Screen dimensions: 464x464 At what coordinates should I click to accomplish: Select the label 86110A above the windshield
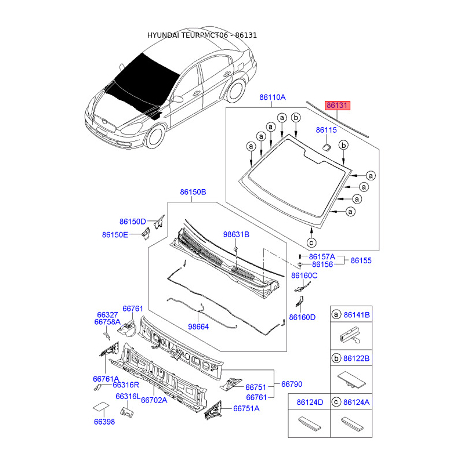click(273, 98)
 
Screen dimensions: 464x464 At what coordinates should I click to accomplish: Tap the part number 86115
click(327, 130)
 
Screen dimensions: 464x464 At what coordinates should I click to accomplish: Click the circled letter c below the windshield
click(311, 242)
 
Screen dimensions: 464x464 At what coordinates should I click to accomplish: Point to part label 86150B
click(193, 192)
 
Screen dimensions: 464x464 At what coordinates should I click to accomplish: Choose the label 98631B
click(236, 235)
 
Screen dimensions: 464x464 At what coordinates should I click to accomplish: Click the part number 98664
click(198, 327)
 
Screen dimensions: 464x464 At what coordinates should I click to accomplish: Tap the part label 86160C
click(304, 275)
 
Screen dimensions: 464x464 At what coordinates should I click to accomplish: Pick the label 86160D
click(303, 317)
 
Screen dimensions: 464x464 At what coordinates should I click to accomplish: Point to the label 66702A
click(154, 400)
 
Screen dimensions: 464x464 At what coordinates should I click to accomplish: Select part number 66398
click(104, 422)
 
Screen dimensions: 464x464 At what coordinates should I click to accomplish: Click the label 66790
click(292, 384)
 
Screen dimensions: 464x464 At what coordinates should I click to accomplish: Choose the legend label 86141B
click(357, 315)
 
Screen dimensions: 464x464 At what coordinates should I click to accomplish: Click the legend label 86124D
click(310, 401)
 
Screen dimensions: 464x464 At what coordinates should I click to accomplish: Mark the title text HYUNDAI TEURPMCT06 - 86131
click(202, 35)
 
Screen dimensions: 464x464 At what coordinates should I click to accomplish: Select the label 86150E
click(115, 235)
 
